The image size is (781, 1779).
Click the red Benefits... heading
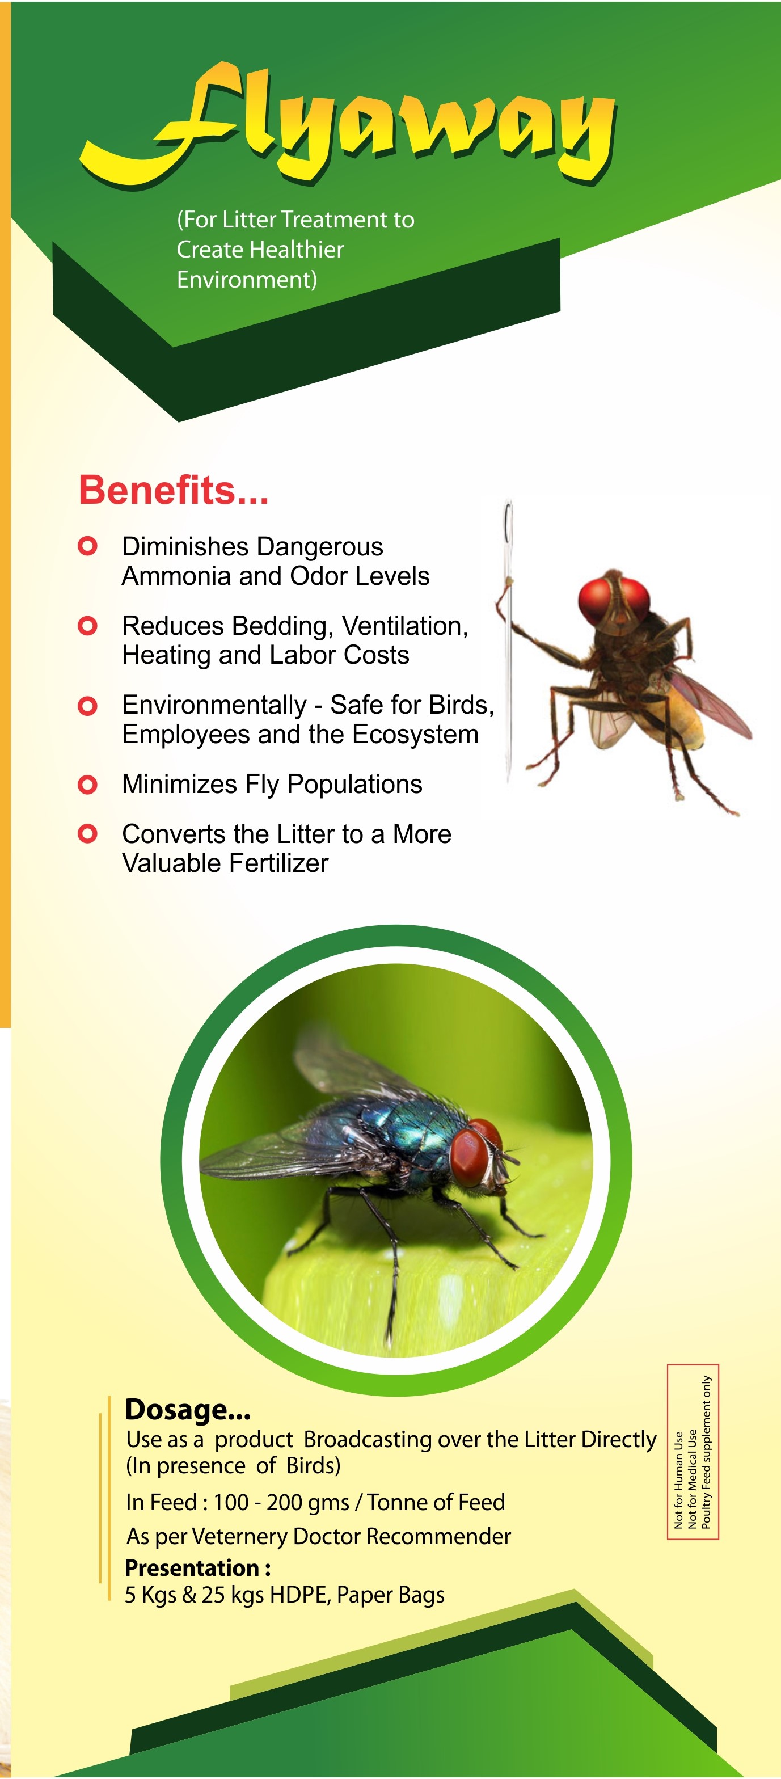coord(174,490)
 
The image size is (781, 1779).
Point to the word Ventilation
coord(404,626)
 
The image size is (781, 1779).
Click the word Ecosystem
coord(415,735)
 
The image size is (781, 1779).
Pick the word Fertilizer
coord(278,863)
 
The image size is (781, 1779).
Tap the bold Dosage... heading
coord(187,1408)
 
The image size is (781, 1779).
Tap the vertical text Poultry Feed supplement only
coord(706,1452)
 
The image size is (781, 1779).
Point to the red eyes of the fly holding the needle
coord(614,598)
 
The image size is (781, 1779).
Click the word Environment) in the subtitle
coord(247,280)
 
